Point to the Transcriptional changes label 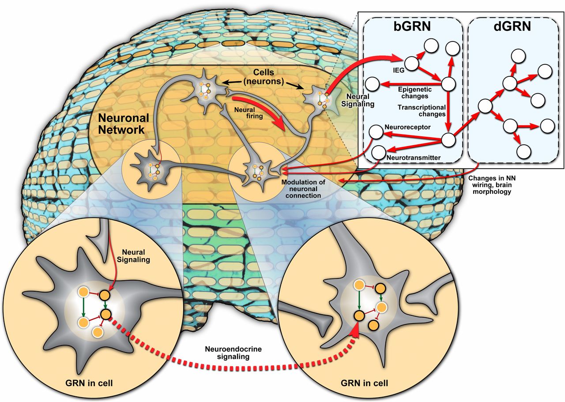[x=422, y=110]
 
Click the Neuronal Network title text [x=121, y=124]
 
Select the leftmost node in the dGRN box [x=485, y=106]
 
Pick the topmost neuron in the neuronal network [x=206, y=91]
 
